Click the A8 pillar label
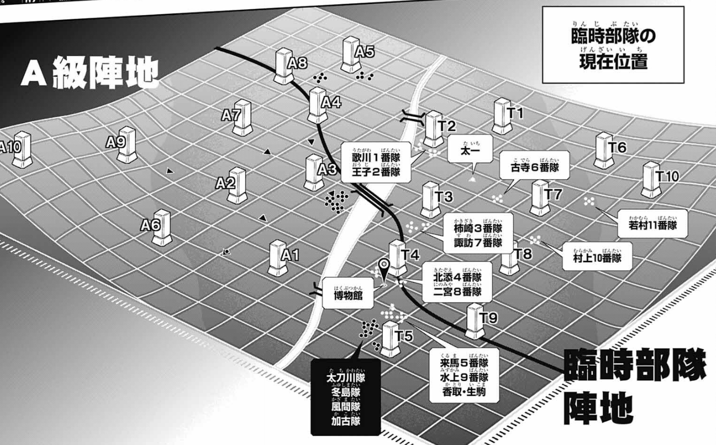click(x=298, y=64)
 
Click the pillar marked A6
click(x=162, y=227)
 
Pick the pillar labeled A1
click(x=278, y=257)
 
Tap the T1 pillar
click(x=502, y=116)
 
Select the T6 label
click(x=617, y=148)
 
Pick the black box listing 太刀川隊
click(x=346, y=396)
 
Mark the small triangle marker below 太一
click(x=472, y=179)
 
